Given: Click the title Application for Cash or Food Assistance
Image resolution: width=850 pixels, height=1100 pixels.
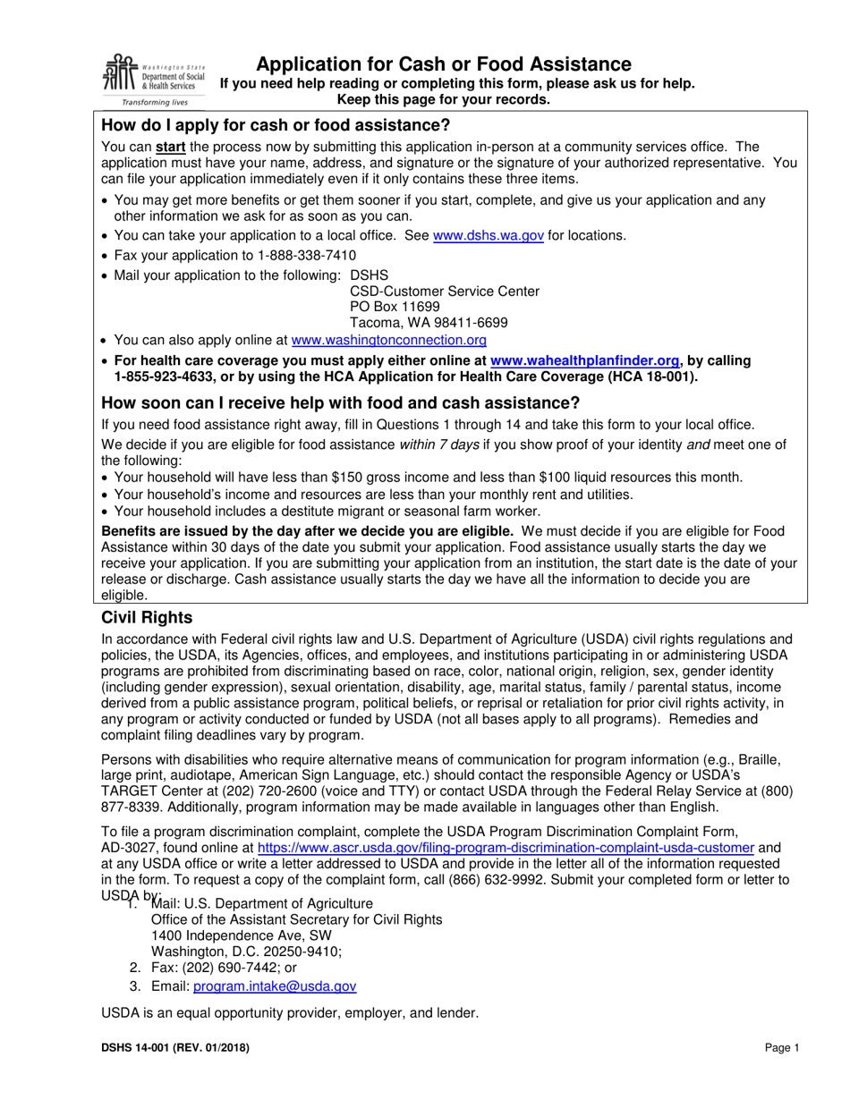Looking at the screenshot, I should pos(444,63).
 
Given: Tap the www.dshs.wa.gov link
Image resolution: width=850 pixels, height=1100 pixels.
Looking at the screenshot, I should pos(488,236).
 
